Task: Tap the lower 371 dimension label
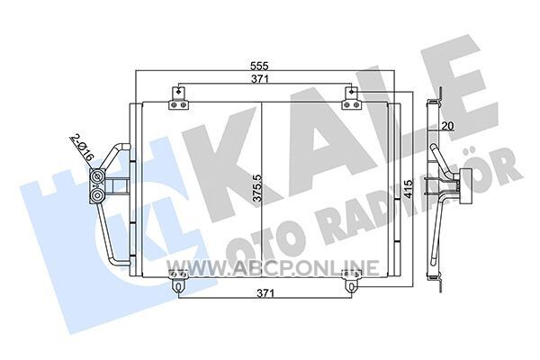coord(265,293)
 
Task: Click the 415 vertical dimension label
coord(408,189)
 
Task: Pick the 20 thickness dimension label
coord(447,126)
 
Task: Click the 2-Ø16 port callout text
coord(82,148)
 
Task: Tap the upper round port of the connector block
coord(96,177)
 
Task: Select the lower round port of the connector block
coord(96,196)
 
